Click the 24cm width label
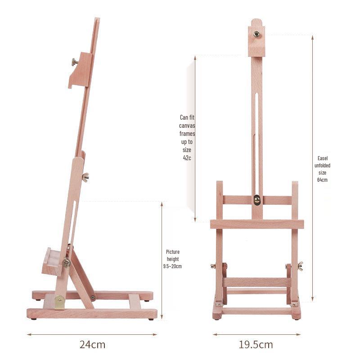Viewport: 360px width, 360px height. [92, 345]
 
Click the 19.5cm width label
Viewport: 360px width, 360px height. [256, 345]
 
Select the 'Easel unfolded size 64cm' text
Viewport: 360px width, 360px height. [322, 169]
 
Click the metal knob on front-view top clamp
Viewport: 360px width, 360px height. [256, 34]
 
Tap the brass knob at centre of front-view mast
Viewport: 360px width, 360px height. [256, 199]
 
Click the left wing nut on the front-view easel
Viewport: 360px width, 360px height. [213, 266]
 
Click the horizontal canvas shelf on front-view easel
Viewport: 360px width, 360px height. [256, 224]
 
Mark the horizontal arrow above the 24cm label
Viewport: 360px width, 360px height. [92, 334]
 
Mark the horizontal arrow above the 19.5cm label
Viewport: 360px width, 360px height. [256, 334]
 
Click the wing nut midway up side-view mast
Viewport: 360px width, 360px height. [85, 177]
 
